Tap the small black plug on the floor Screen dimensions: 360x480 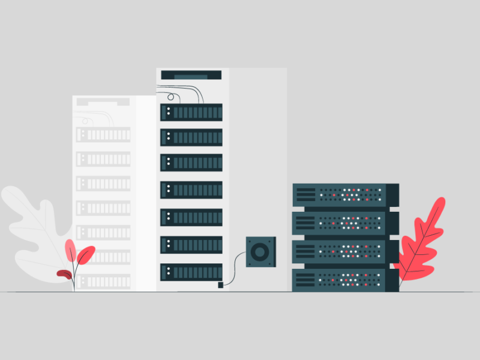[x=221, y=284]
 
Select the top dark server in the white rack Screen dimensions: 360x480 [x=191, y=112]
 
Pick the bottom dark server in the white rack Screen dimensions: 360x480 [x=191, y=272]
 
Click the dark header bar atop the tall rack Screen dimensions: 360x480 [x=191, y=75]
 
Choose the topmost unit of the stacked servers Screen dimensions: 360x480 [x=345, y=194]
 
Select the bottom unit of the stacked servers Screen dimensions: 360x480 [x=345, y=280]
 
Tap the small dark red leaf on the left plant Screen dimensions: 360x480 [x=64, y=274]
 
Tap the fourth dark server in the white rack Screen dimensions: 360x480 [x=191, y=190]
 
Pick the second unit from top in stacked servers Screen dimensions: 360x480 [x=345, y=223]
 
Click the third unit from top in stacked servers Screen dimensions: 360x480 [x=345, y=251]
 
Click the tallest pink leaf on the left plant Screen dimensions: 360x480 [x=70, y=251]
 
